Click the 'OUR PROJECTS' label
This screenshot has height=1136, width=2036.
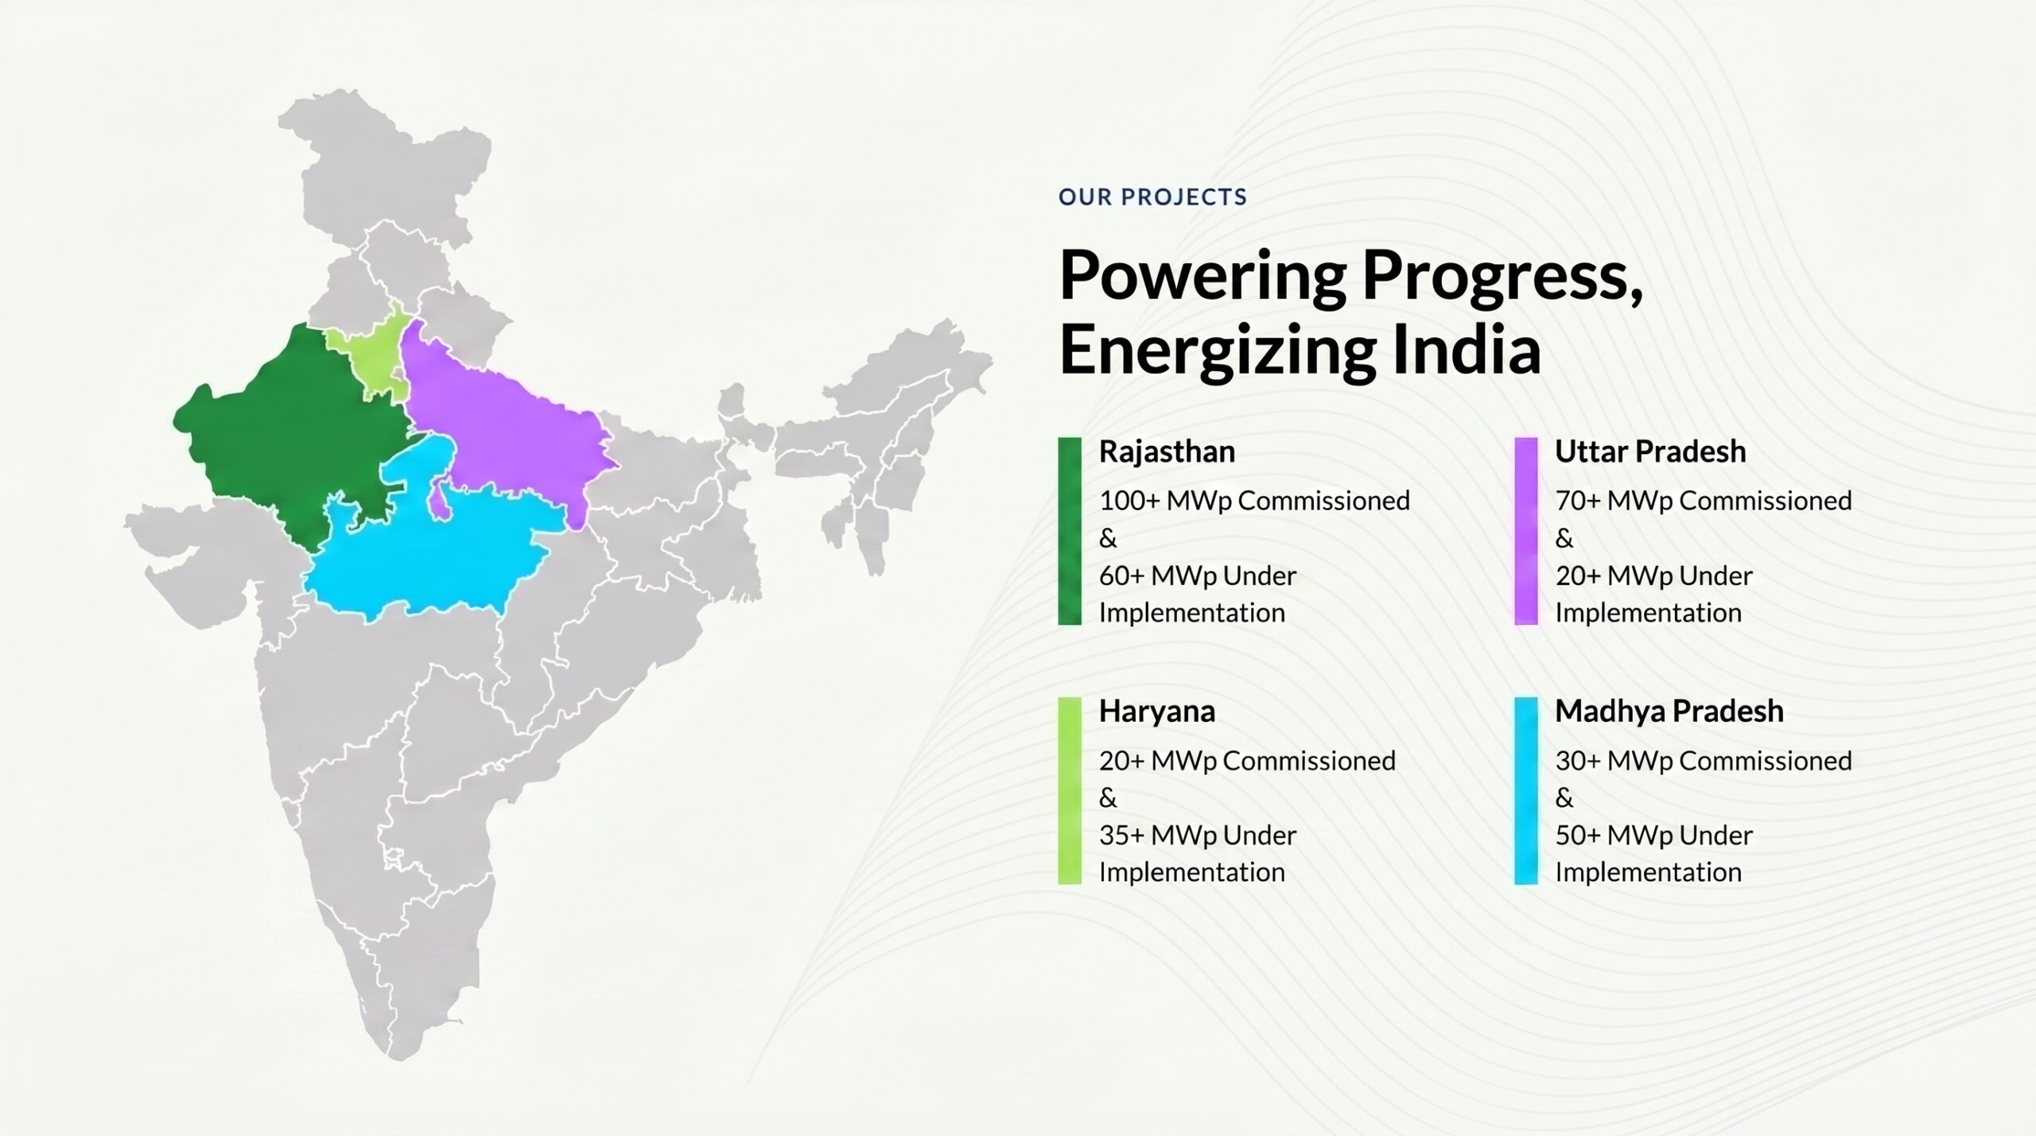[x=1152, y=197]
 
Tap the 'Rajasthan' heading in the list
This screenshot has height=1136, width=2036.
[x=1167, y=452]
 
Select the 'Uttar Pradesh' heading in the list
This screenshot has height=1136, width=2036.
[x=1650, y=452]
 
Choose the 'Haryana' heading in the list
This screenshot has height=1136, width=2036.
[x=1157, y=711]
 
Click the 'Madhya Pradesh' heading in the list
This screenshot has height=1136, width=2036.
[x=1669, y=711]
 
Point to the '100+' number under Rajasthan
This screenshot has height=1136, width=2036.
[x=1124, y=501]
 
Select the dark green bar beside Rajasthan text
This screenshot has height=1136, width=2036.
[x=1070, y=531]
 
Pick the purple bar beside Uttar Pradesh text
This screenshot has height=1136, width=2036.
[x=1526, y=531]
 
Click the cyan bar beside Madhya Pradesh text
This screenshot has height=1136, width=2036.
[x=1526, y=790]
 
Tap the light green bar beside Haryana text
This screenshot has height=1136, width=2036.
[x=1070, y=790]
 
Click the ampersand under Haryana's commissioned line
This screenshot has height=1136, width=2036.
[x=1108, y=798]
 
